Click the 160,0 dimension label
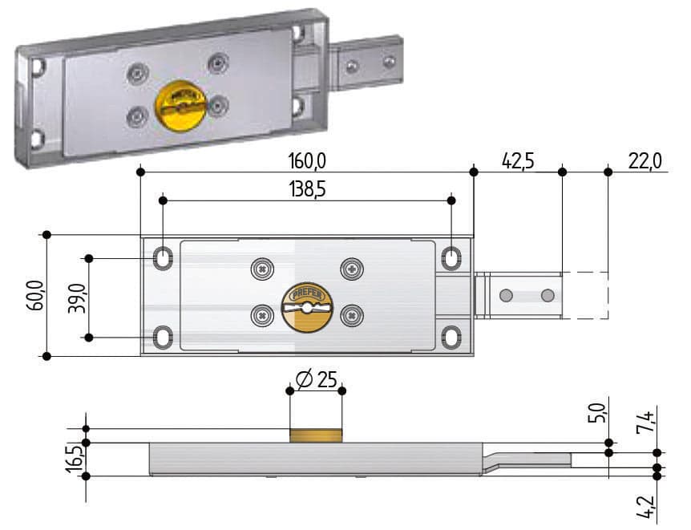[307, 161]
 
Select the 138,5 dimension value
[307, 189]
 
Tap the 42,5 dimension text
[518, 161]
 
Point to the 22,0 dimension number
[645, 161]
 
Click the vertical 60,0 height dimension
[36, 295]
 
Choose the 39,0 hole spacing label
[77, 298]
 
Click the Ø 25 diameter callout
[317, 379]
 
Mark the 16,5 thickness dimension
[75, 459]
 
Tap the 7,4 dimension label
[645, 422]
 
